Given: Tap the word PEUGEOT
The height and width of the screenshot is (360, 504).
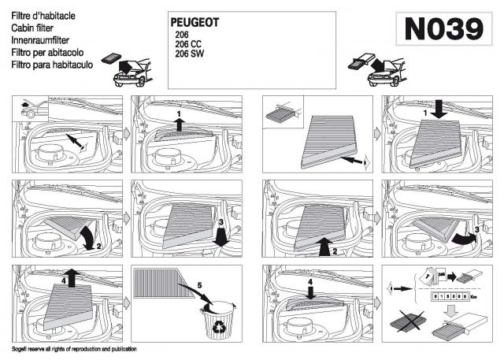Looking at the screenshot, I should [x=195, y=22].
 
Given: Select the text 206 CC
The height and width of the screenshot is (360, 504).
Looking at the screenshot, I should [x=189, y=46].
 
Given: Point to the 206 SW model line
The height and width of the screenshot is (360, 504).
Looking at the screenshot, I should [x=190, y=55].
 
